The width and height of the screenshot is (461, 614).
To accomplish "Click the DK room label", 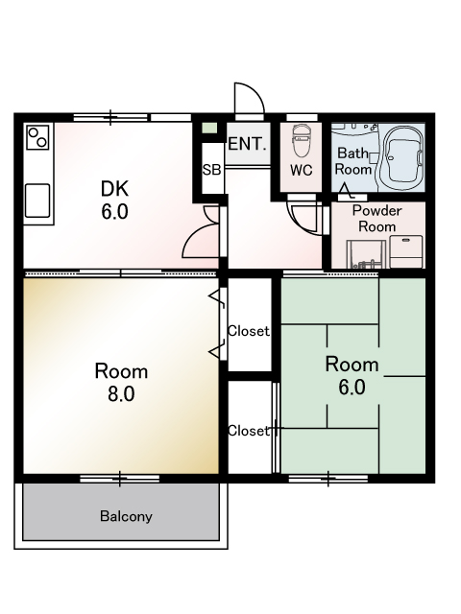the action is pos(114,189).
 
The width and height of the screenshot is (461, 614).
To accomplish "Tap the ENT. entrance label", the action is pos(248,144).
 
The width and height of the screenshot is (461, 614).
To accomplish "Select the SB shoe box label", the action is pos(211,170).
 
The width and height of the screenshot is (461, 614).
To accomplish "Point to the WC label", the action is pos(302,170).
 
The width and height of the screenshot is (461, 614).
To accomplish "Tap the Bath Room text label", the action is pos(353,161).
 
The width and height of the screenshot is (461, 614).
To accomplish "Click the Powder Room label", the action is pos(377,219).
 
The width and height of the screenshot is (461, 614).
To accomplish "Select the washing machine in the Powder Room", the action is pos(405,251).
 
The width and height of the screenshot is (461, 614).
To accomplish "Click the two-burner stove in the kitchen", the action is pos(38,136).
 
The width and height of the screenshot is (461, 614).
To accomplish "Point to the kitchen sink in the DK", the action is pos(37,201).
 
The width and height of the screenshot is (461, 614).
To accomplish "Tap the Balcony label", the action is pos(126,516).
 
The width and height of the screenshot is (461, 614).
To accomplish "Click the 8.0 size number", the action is pos(122,394).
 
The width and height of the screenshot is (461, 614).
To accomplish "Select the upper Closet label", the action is pos(249,331).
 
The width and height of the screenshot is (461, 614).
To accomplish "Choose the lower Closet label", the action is pos(249,431).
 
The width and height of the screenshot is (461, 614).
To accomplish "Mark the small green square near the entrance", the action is pos(209,128).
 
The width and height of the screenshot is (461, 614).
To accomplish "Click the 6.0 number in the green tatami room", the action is pos(352,388).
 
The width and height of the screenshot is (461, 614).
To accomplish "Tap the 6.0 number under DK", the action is pos(114,212).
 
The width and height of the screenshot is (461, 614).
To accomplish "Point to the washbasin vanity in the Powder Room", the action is pos(366,254).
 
